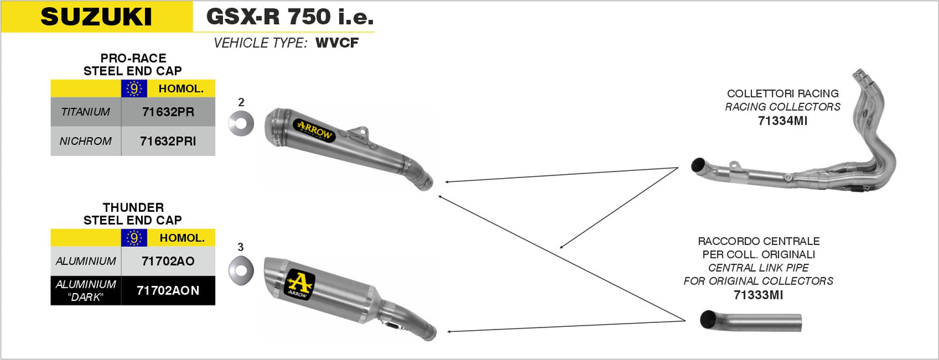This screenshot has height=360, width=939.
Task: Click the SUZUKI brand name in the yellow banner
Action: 96,17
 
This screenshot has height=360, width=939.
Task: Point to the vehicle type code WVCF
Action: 337,44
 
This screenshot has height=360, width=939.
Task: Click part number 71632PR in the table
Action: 168,112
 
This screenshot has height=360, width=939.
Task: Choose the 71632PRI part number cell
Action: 168,141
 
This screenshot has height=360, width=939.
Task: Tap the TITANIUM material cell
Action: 85,112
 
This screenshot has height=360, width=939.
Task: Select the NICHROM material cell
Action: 85,141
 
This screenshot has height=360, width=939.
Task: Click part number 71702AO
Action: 168,261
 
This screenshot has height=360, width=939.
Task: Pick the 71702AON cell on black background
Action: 168,290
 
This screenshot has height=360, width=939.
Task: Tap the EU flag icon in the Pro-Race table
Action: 134,89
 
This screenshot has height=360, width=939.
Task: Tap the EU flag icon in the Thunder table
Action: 134,238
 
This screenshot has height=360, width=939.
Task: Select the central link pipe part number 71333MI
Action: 758,295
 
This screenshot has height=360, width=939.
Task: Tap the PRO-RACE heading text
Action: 133,58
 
